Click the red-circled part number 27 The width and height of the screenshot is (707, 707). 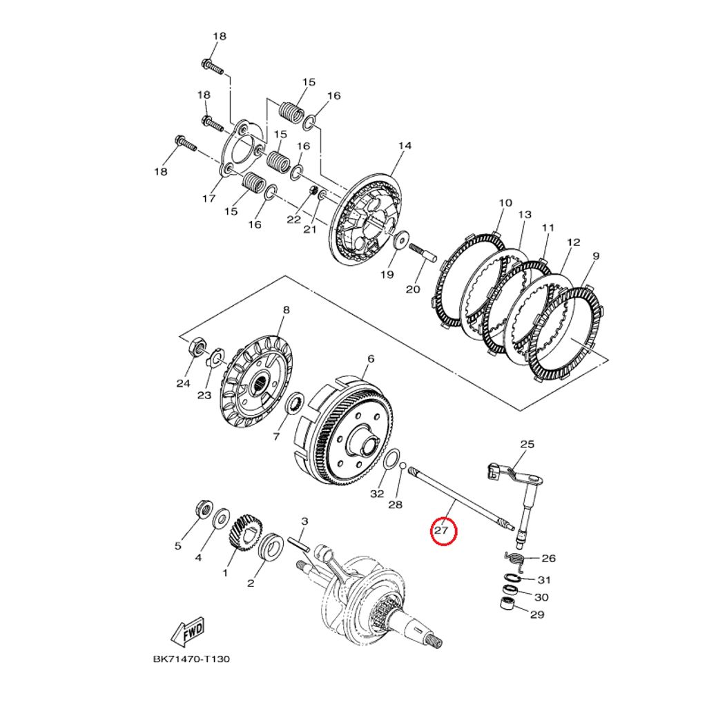[442, 531]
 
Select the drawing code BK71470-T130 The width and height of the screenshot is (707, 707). [191, 659]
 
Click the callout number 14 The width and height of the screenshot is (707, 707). [405, 146]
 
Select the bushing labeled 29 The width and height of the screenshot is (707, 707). [508, 605]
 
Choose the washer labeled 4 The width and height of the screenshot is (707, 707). [222, 516]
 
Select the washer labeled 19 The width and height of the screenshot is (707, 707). [400, 242]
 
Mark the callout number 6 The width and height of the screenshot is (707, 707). [371, 359]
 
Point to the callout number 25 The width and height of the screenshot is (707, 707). [527, 445]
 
